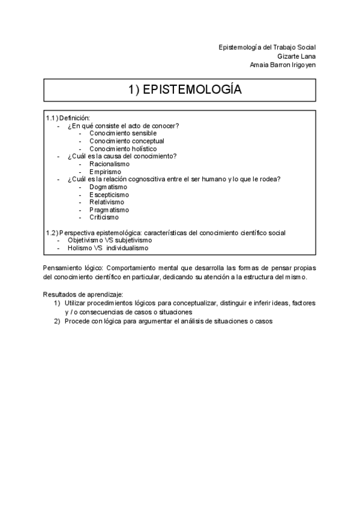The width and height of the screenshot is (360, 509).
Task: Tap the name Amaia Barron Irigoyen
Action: pyautogui.click(x=283, y=65)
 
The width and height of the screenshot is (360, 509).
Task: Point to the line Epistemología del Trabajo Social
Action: pyautogui.click(x=268, y=47)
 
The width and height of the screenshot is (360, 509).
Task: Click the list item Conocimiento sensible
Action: pyautogui.click(x=123, y=133)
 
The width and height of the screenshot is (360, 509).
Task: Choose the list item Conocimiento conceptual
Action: pyautogui.click(x=127, y=141)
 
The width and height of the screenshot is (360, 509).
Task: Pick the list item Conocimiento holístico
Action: pyautogui.click(x=123, y=149)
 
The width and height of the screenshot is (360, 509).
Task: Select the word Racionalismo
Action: pyautogui.click(x=109, y=164)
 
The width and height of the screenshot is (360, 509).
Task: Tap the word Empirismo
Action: pyautogui.click(x=106, y=172)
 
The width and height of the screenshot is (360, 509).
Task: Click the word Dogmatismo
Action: pyautogui.click(x=108, y=187)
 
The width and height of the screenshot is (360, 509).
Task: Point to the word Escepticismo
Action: pyautogui.click(x=109, y=194)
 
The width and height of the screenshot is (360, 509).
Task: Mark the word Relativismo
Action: pyautogui.click(x=107, y=202)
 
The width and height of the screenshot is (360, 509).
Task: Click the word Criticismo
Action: pyautogui.click(x=104, y=218)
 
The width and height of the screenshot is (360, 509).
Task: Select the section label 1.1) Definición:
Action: pyautogui.click(x=68, y=118)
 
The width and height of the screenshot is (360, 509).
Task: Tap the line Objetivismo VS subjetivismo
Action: pyautogui.click(x=110, y=240)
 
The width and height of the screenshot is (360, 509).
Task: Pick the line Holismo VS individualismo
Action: pyautogui.click(x=108, y=248)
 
